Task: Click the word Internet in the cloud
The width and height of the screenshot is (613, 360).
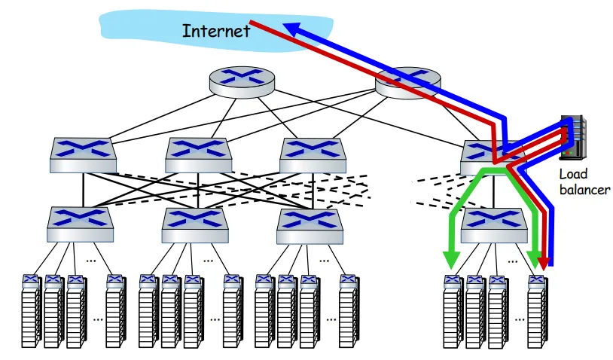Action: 216,31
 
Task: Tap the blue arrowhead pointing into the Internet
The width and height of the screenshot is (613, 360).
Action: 292,29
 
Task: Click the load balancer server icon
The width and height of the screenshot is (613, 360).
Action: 573,137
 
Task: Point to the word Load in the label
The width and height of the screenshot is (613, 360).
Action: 573,174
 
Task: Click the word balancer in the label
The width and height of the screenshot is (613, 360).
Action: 584,190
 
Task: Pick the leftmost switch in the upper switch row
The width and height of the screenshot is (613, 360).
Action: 83,155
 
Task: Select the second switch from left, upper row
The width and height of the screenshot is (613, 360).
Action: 198,155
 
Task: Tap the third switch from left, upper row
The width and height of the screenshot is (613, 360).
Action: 313,155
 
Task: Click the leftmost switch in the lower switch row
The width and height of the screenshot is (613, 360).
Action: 80,224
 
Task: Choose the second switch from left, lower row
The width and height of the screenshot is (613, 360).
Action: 195,225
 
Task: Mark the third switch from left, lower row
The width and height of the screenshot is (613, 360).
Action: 310,227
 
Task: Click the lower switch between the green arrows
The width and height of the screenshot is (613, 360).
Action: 494,225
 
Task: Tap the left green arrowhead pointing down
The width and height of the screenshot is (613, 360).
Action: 452,260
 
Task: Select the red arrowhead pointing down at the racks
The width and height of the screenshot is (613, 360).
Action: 544,264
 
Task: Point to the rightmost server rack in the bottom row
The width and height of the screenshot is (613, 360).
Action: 537,312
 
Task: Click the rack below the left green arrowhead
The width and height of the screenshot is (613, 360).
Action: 453,312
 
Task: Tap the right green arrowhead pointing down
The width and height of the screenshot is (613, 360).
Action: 534,260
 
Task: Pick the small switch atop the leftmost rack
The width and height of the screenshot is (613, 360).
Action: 31,281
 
